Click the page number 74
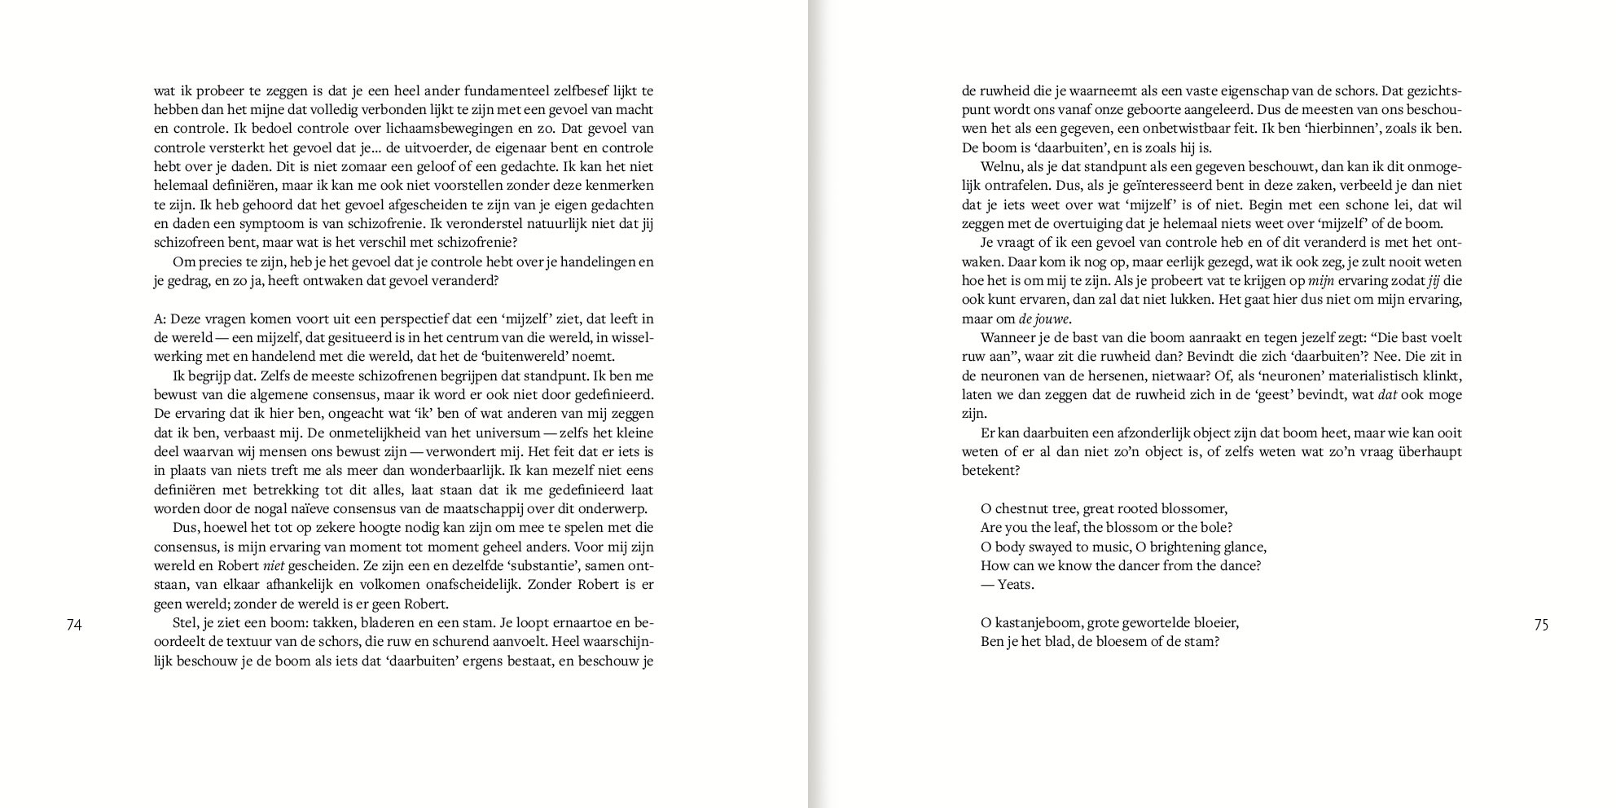(74, 625)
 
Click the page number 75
(1541, 625)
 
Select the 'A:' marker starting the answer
(160, 318)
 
